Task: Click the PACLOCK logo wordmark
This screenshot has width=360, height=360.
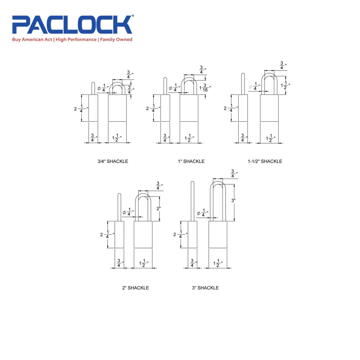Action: point(72,25)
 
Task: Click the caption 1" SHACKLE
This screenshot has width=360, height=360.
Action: point(191,161)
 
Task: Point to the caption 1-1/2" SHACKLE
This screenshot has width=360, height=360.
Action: point(265,161)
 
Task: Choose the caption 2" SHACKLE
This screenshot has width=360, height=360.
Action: point(135,288)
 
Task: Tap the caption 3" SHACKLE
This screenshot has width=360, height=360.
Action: point(205,288)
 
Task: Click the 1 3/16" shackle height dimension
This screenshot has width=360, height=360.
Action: point(206,87)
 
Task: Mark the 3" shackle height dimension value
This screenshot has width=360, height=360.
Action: point(233,201)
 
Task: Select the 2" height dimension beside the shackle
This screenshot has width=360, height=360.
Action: point(159,208)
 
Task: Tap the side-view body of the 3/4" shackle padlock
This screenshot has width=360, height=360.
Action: point(93,108)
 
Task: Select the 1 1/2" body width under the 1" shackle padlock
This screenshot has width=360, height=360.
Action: point(189,138)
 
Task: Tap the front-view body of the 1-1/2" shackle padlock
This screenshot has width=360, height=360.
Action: point(269,108)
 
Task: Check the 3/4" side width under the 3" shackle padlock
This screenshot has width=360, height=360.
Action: point(192,264)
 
